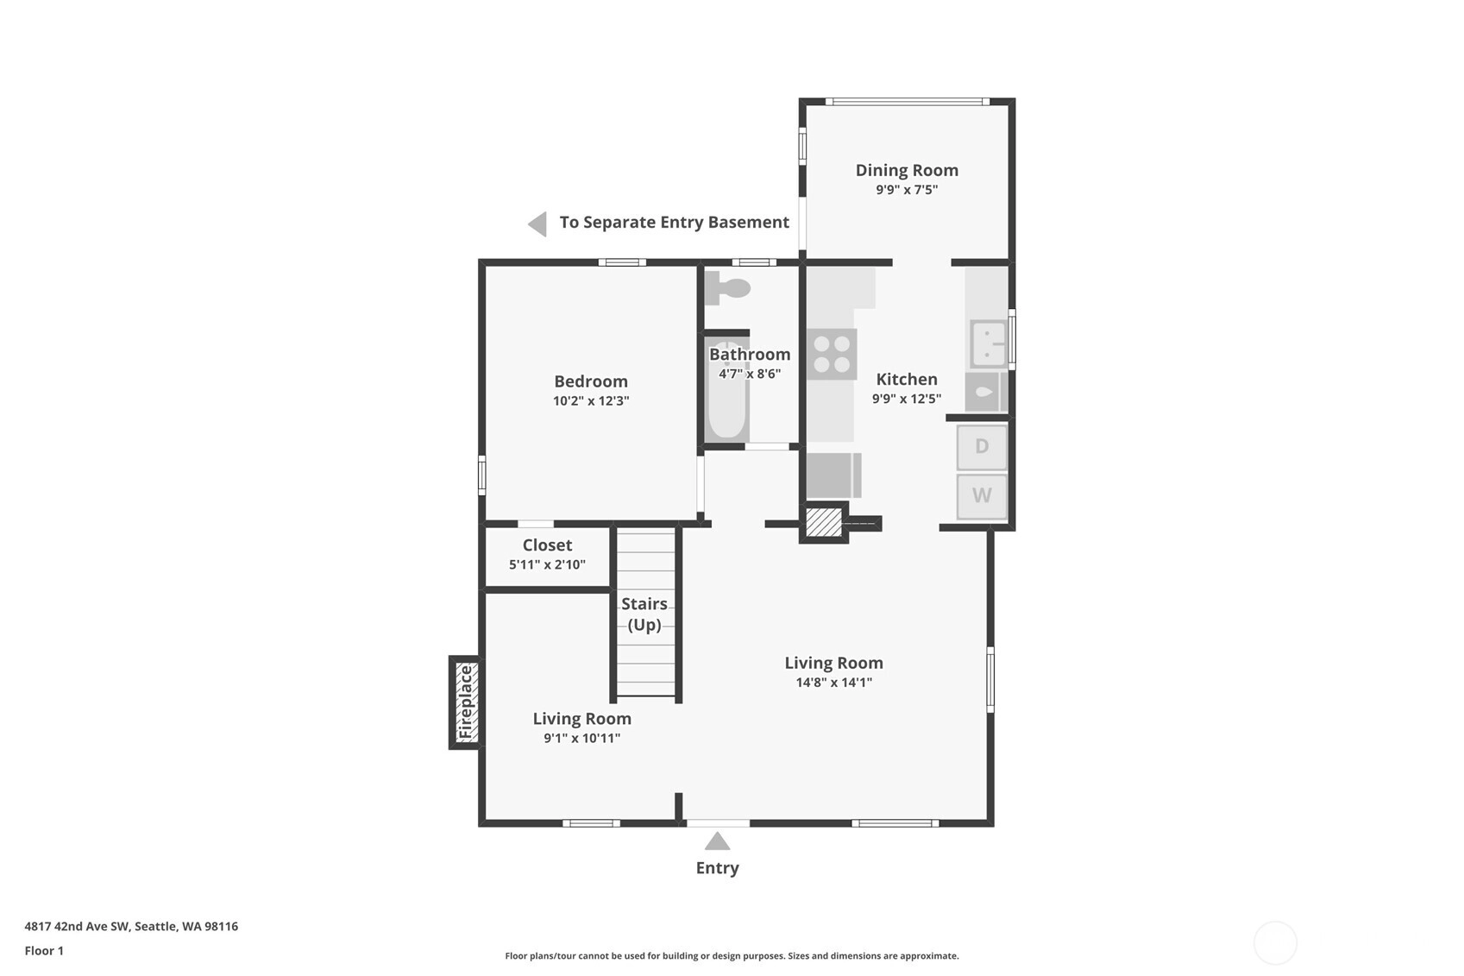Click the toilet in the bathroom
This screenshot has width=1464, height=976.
pos(728,288)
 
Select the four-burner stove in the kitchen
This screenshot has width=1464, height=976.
pos(832,355)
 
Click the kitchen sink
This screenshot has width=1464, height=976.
pos(988,343)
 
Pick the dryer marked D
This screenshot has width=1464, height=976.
pos(982,447)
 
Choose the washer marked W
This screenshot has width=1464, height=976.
pos(982,496)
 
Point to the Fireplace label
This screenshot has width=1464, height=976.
pos(465,702)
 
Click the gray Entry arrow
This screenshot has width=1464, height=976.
pos(717,841)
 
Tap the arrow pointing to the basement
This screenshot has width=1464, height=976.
pos(537,224)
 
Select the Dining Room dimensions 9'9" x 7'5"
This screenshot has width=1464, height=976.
pos(907,190)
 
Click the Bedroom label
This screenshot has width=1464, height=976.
pos(591,381)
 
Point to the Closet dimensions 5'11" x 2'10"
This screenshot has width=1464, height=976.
pos(547,564)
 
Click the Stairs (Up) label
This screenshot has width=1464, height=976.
pos(644,614)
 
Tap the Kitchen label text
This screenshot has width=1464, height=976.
pos(907,379)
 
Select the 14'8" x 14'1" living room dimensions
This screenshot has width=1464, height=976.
pos(834,683)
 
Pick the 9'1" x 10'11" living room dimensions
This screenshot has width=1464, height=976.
pos(581,738)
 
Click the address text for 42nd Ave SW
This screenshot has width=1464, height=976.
pos(131,926)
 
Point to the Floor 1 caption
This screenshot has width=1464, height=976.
pos(44,950)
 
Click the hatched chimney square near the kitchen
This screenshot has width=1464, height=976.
pos(824,522)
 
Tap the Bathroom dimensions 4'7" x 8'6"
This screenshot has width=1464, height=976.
pos(750,374)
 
